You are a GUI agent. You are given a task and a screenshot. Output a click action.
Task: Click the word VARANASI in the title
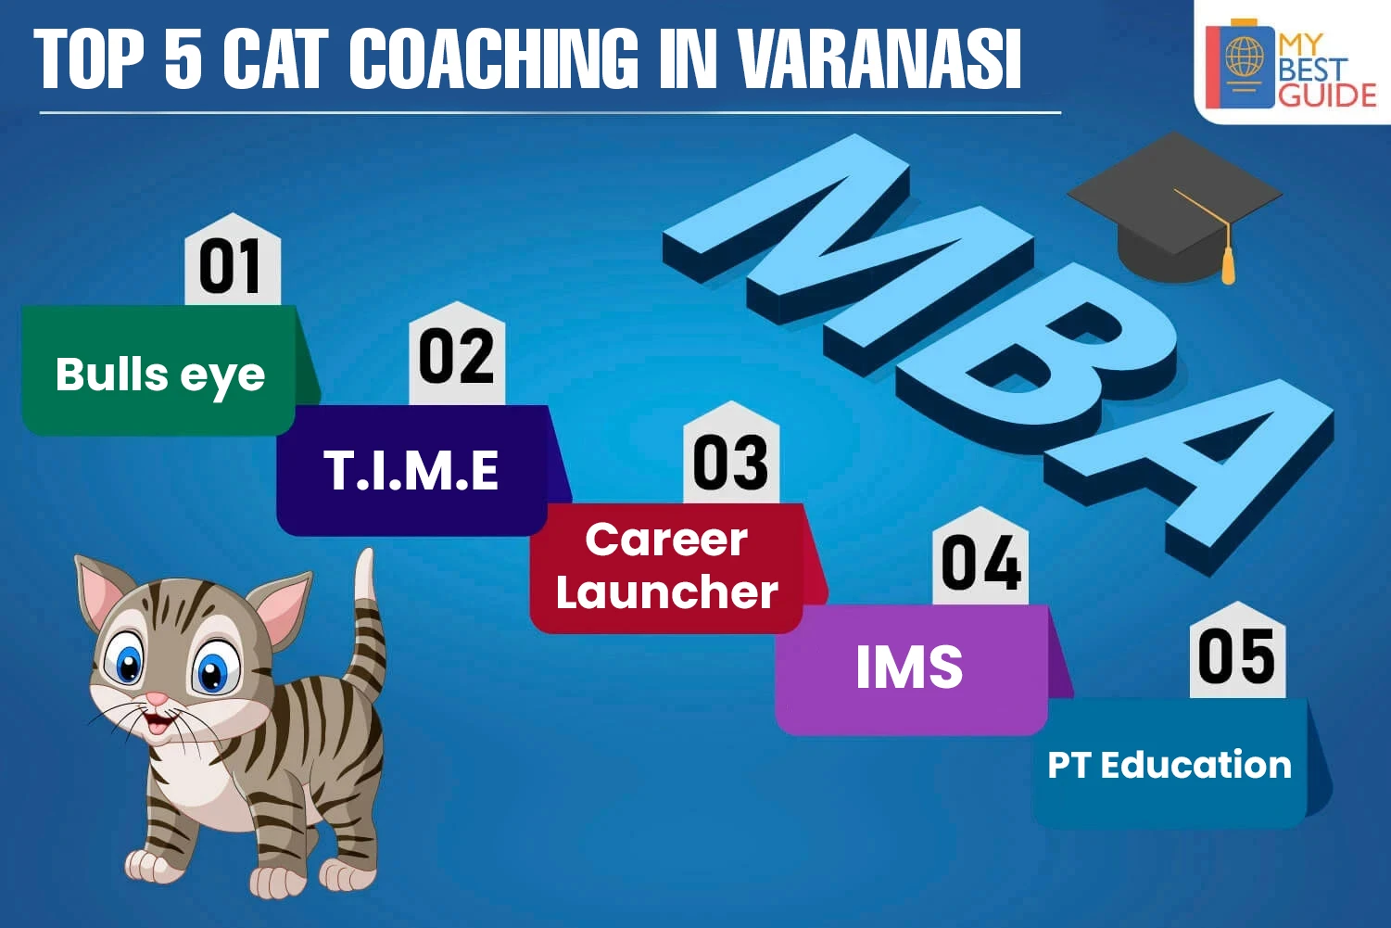[x=880, y=59]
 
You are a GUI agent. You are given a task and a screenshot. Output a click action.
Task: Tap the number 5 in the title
[x=183, y=59]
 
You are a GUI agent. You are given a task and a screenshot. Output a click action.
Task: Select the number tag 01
[x=233, y=260]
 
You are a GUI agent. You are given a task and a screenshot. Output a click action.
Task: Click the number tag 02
[x=457, y=354]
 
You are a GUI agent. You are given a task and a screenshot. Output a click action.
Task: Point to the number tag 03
[x=731, y=452]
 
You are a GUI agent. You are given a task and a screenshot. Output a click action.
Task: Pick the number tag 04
[x=980, y=556]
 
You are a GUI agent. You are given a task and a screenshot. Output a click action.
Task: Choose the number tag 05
[x=1237, y=651]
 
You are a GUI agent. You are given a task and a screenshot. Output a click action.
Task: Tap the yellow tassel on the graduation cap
[x=1228, y=264]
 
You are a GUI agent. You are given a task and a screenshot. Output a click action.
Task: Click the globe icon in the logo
[x=1245, y=56]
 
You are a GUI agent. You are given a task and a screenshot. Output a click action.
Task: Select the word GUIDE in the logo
[x=1327, y=95]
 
